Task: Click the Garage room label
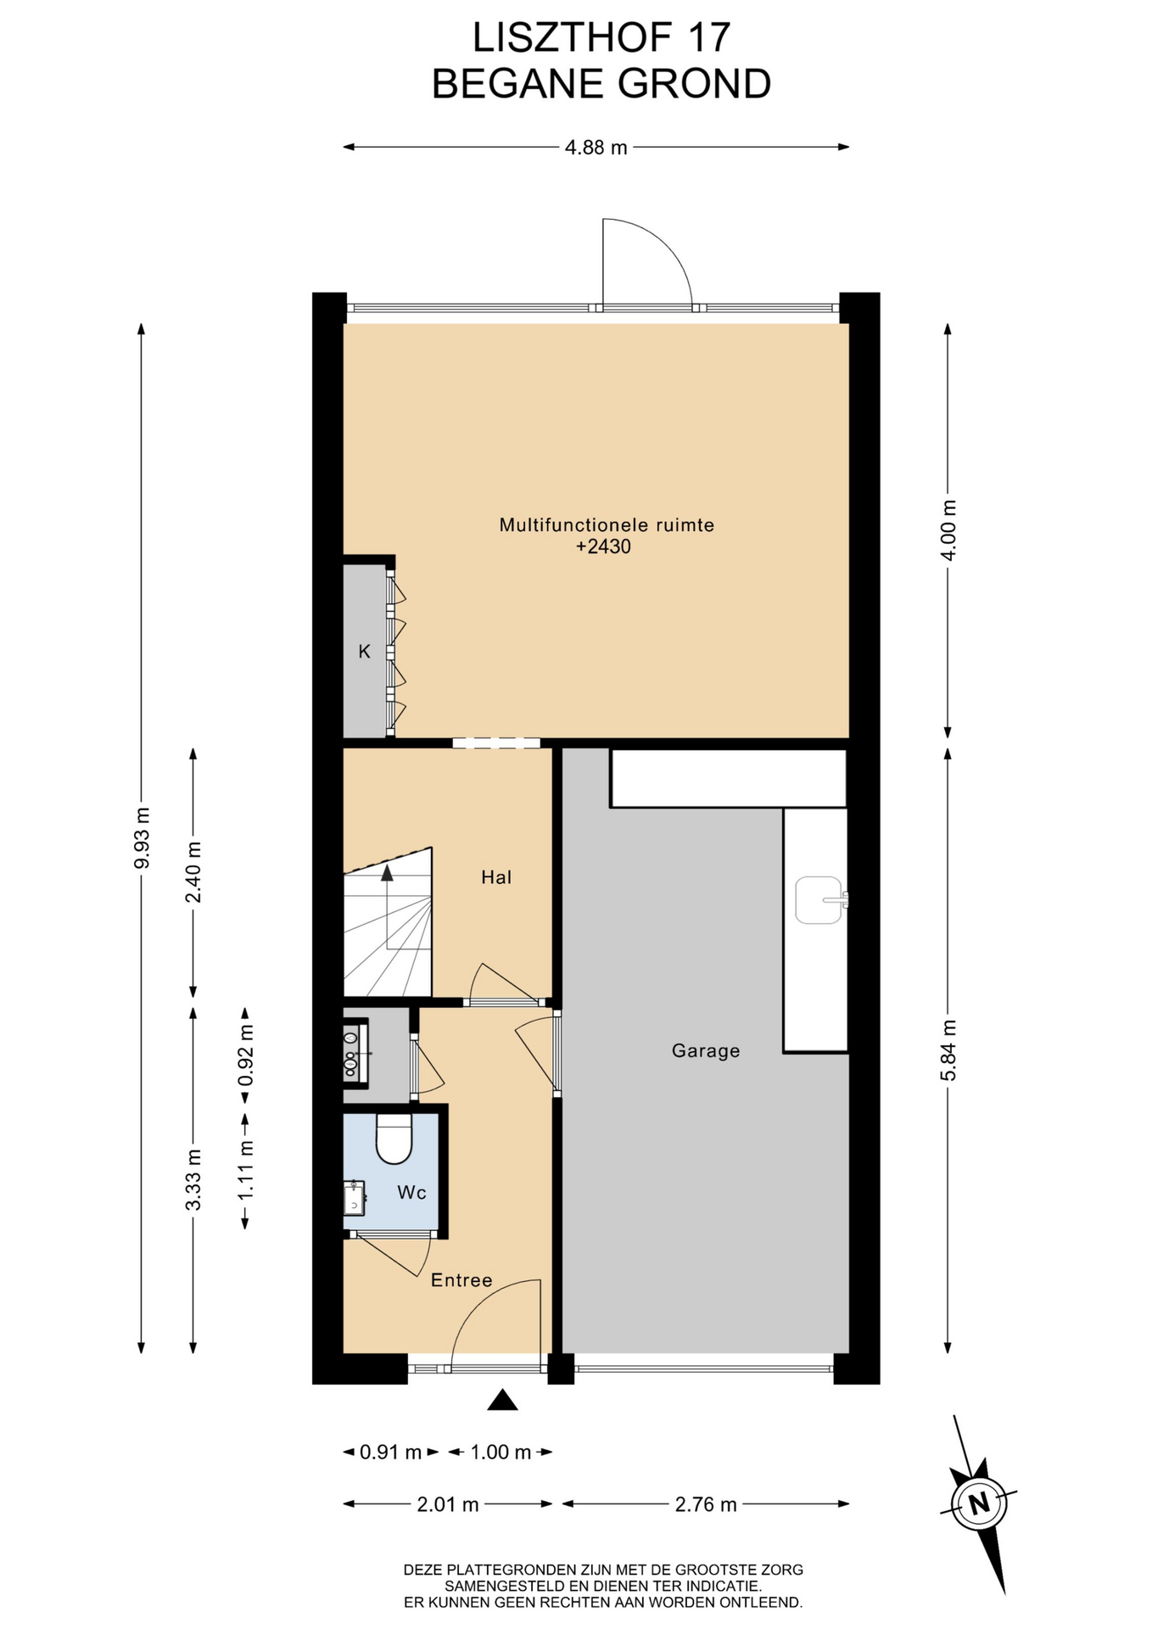pyautogui.click(x=705, y=1050)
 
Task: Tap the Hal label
pyautogui.click(x=496, y=877)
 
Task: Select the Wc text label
pyautogui.click(x=411, y=1193)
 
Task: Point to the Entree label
pyautogui.click(x=461, y=1280)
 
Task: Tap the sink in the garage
pyautogui.click(x=820, y=899)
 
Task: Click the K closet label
pyautogui.click(x=365, y=652)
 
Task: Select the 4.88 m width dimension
pyautogui.click(x=596, y=148)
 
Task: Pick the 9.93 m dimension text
pyautogui.click(x=142, y=837)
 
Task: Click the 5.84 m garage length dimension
pyautogui.click(x=948, y=1050)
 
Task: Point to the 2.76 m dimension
pyautogui.click(x=706, y=1504)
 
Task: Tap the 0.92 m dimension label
pyautogui.click(x=246, y=1055)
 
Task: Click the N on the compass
pyautogui.click(x=980, y=1503)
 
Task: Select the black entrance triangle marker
pyautogui.click(x=502, y=1401)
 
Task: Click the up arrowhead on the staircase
pyautogui.click(x=388, y=871)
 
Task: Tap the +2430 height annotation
pyautogui.click(x=603, y=546)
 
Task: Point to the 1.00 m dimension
pyautogui.click(x=501, y=1453)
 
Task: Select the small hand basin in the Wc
pyautogui.click(x=355, y=1197)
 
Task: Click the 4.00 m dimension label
pyautogui.click(x=948, y=530)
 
